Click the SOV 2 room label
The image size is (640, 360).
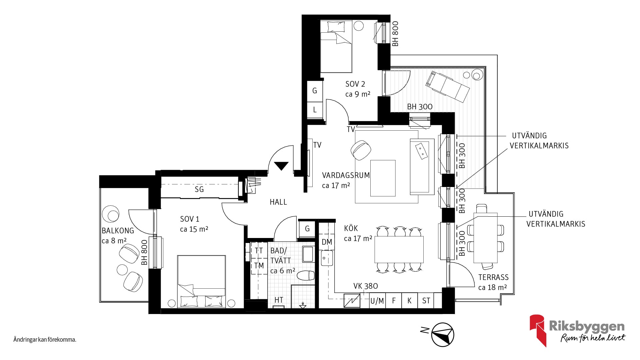point(355,84)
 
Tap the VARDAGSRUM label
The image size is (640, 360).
point(346,175)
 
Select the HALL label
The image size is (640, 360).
point(278,202)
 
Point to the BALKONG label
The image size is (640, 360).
point(118,231)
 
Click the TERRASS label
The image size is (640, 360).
point(494,277)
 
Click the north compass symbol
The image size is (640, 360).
point(443,334)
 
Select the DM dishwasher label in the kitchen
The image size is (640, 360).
point(327,242)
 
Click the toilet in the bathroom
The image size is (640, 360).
point(306,276)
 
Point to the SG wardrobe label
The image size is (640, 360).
point(199,189)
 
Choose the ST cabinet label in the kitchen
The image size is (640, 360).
point(426,301)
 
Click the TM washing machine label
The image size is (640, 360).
point(259,266)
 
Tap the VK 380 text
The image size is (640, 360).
point(366,286)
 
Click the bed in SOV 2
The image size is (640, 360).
point(336,46)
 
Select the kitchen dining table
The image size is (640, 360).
point(399,249)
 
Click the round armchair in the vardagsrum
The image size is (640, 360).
point(361,150)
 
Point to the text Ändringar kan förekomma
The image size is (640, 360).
point(45,340)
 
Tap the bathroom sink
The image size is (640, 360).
point(308,254)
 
